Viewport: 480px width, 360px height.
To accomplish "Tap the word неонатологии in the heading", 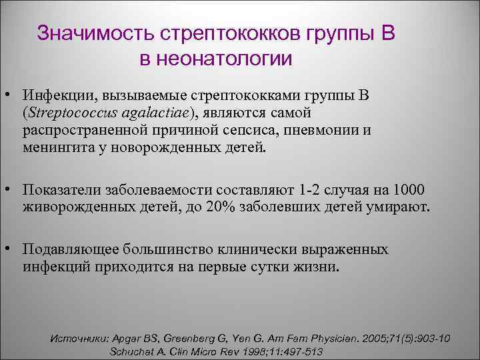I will point(225,58).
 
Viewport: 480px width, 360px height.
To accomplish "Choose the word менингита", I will point(55,146).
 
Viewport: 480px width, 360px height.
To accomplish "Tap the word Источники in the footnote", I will point(80,339).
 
